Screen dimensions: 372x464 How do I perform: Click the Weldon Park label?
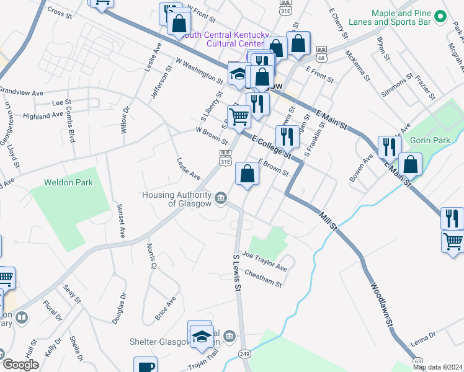[68, 182]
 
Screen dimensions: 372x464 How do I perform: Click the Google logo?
[20, 364]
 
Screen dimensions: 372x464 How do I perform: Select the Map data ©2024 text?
[437, 367]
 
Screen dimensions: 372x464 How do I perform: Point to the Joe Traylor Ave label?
[264, 261]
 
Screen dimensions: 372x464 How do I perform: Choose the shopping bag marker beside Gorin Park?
[411, 164]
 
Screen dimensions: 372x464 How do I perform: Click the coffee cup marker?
[146, 366]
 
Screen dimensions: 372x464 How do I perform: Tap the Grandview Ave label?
[21, 92]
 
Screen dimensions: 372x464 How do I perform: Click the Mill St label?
[328, 223]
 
